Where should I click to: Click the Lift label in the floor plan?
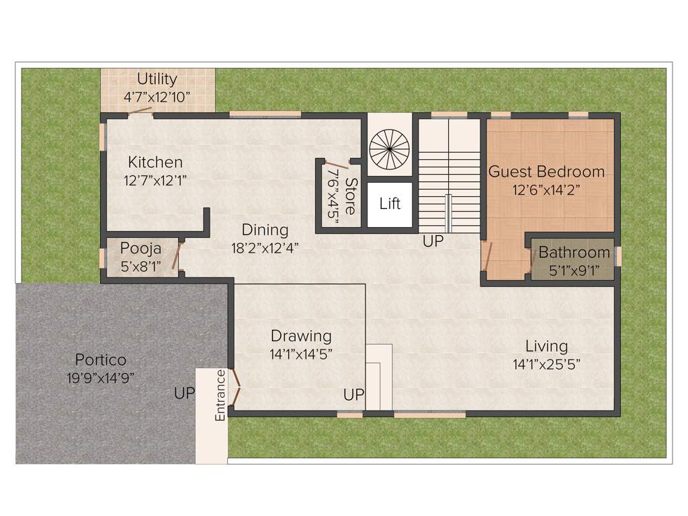click(x=390, y=204)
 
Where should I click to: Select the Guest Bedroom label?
click(x=546, y=171)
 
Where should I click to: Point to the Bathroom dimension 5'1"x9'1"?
click(x=574, y=271)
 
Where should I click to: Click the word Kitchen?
click(x=155, y=163)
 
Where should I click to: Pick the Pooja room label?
click(x=140, y=249)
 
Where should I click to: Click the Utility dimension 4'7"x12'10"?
click(x=157, y=97)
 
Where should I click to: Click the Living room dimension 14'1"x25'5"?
click(x=546, y=364)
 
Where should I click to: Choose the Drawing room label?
click(x=301, y=335)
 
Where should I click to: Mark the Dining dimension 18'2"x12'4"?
click(x=265, y=247)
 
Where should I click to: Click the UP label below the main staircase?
click(x=433, y=241)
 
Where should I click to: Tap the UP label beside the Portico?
click(x=183, y=394)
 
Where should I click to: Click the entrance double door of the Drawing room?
click(x=234, y=388)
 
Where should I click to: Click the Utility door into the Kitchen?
click(x=140, y=112)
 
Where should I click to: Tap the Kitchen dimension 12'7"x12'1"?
click(x=155, y=180)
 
